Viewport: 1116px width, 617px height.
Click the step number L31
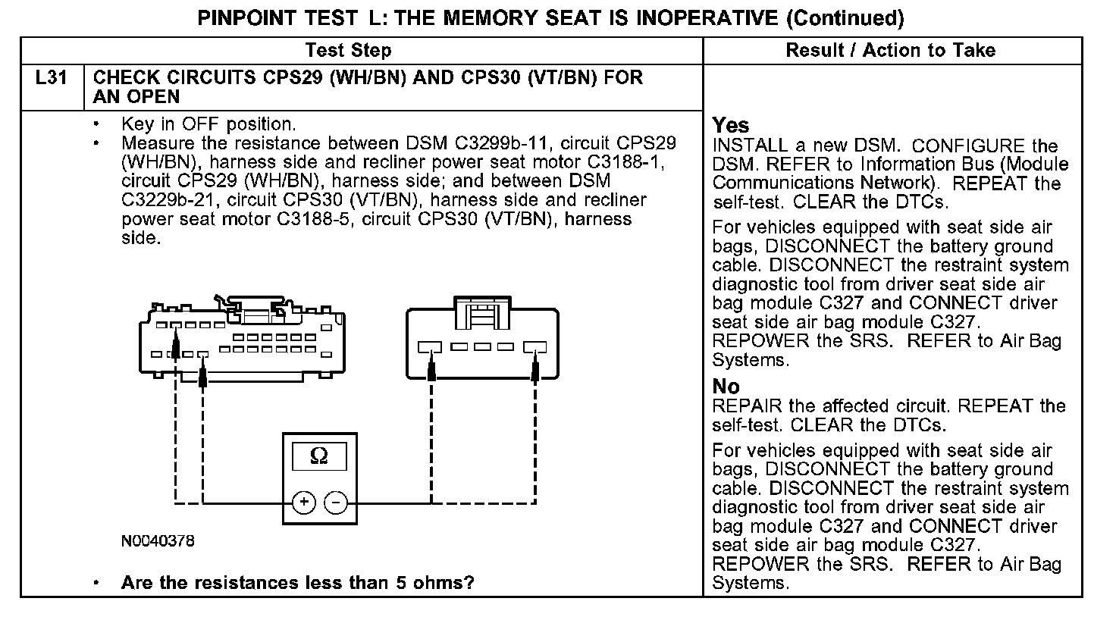[52, 78]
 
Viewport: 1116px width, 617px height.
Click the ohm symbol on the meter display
[319, 456]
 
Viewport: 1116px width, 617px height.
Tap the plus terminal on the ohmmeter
[303, 502]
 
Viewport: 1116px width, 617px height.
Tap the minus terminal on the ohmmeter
[337, 502]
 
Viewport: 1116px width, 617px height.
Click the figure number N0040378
[158, 541]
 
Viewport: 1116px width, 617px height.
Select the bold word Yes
[731, 126]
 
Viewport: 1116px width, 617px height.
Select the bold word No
[726, 387]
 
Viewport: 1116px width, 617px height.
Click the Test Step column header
[348, 51]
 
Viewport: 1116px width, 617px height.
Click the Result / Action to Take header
[891, 51]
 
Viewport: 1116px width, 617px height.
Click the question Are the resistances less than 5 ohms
[297, 583]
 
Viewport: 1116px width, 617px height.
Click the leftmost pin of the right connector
[430, 348]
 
